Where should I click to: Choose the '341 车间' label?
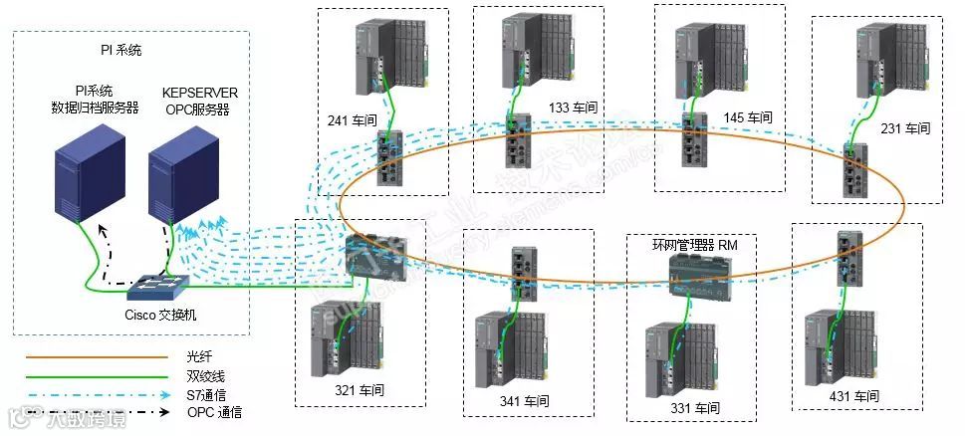pyautogui.click(x=525, y=401)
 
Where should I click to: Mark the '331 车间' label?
pyautogui.click(x=694, y=408)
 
